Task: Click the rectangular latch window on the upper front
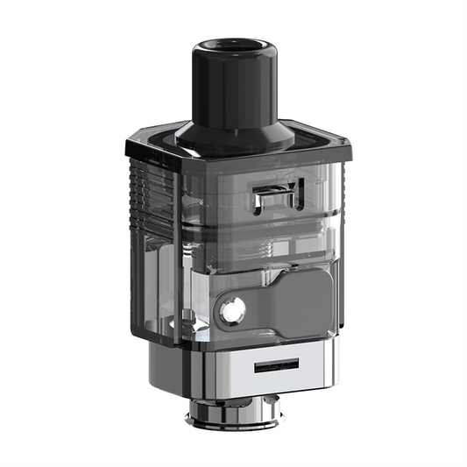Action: (272, 199)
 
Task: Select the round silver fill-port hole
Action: (231, 309)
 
